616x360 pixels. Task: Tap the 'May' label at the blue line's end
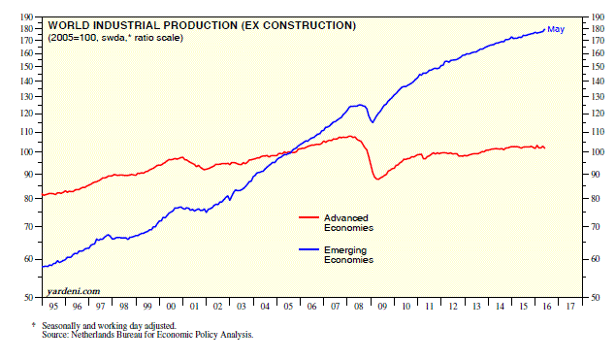(556, 30)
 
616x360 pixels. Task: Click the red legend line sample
(308, 217)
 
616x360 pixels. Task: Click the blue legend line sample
(308, 249)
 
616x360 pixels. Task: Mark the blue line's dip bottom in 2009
(372, 122)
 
